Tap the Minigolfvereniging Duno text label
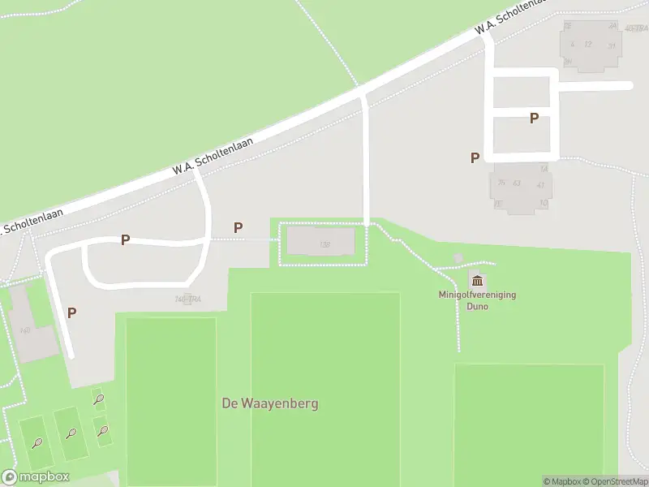pos(477,300)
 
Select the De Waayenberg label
pos(270,403)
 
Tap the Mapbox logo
pos(36,477)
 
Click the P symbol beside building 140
pos(71,312)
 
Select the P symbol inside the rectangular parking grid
pos(534,119)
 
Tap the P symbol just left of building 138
pos(238,228)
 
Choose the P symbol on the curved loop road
pos(125,239)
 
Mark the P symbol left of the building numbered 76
pos(475,158)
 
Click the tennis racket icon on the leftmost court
pos(37,442)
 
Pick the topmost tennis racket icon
pos(99,399)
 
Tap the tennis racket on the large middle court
pos(71,433)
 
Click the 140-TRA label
pos(187,300)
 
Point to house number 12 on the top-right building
pos(588,44)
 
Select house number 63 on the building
pos(516,183)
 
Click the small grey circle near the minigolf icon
pos(458,258)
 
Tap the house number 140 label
pos(24,330)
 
